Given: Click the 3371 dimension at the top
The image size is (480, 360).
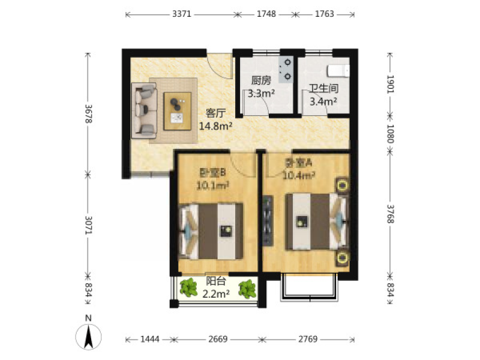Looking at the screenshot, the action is click(x=182, y=14).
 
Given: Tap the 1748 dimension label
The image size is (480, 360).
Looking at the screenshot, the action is click(x=266, y=14).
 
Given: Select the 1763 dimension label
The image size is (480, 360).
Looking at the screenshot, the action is click(x=325, y=14).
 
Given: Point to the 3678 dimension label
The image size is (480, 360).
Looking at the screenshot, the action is click(x=88, y=114).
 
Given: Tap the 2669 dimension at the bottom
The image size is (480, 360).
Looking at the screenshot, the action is click(x=218, y=339).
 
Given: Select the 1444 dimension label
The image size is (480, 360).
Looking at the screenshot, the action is click(x=150, y=339).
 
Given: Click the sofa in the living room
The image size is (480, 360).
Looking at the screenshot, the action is click(x=144, y=111).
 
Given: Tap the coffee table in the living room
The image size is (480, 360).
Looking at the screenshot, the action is click(x=177, y=111).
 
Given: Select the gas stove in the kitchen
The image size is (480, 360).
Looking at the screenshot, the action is click(x=286, y=70).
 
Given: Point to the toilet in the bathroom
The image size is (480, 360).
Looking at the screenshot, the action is click(x=338, y=71).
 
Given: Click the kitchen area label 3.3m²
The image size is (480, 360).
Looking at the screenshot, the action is click(x=261, y=93).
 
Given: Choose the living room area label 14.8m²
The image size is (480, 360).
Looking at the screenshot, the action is click(x=216, y=125).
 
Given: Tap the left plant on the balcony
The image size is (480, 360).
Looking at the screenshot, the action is click(x=188, y=287).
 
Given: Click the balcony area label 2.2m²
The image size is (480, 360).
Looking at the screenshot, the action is click(x=216, y=294).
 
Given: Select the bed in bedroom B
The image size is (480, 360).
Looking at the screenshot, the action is click(x=211, y=231).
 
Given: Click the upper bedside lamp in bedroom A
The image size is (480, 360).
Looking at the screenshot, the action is click(x=343, y=186).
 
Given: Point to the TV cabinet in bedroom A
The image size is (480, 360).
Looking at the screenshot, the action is click(x=268, y=220).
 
